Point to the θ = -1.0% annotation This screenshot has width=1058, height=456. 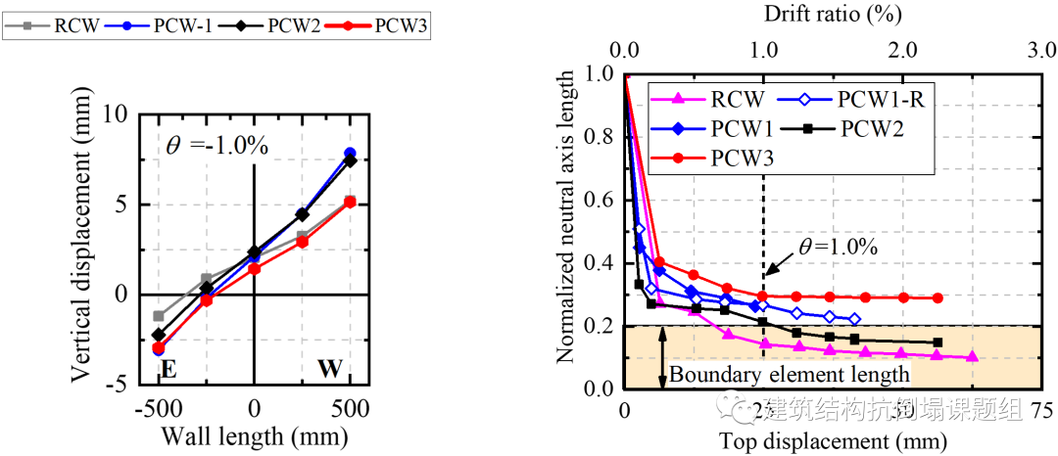coord(216,149)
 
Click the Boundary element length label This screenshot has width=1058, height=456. coord(790,375)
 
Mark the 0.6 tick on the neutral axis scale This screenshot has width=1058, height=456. coord(600,201)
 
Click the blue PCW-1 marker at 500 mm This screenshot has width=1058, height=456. coord(350,154)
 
